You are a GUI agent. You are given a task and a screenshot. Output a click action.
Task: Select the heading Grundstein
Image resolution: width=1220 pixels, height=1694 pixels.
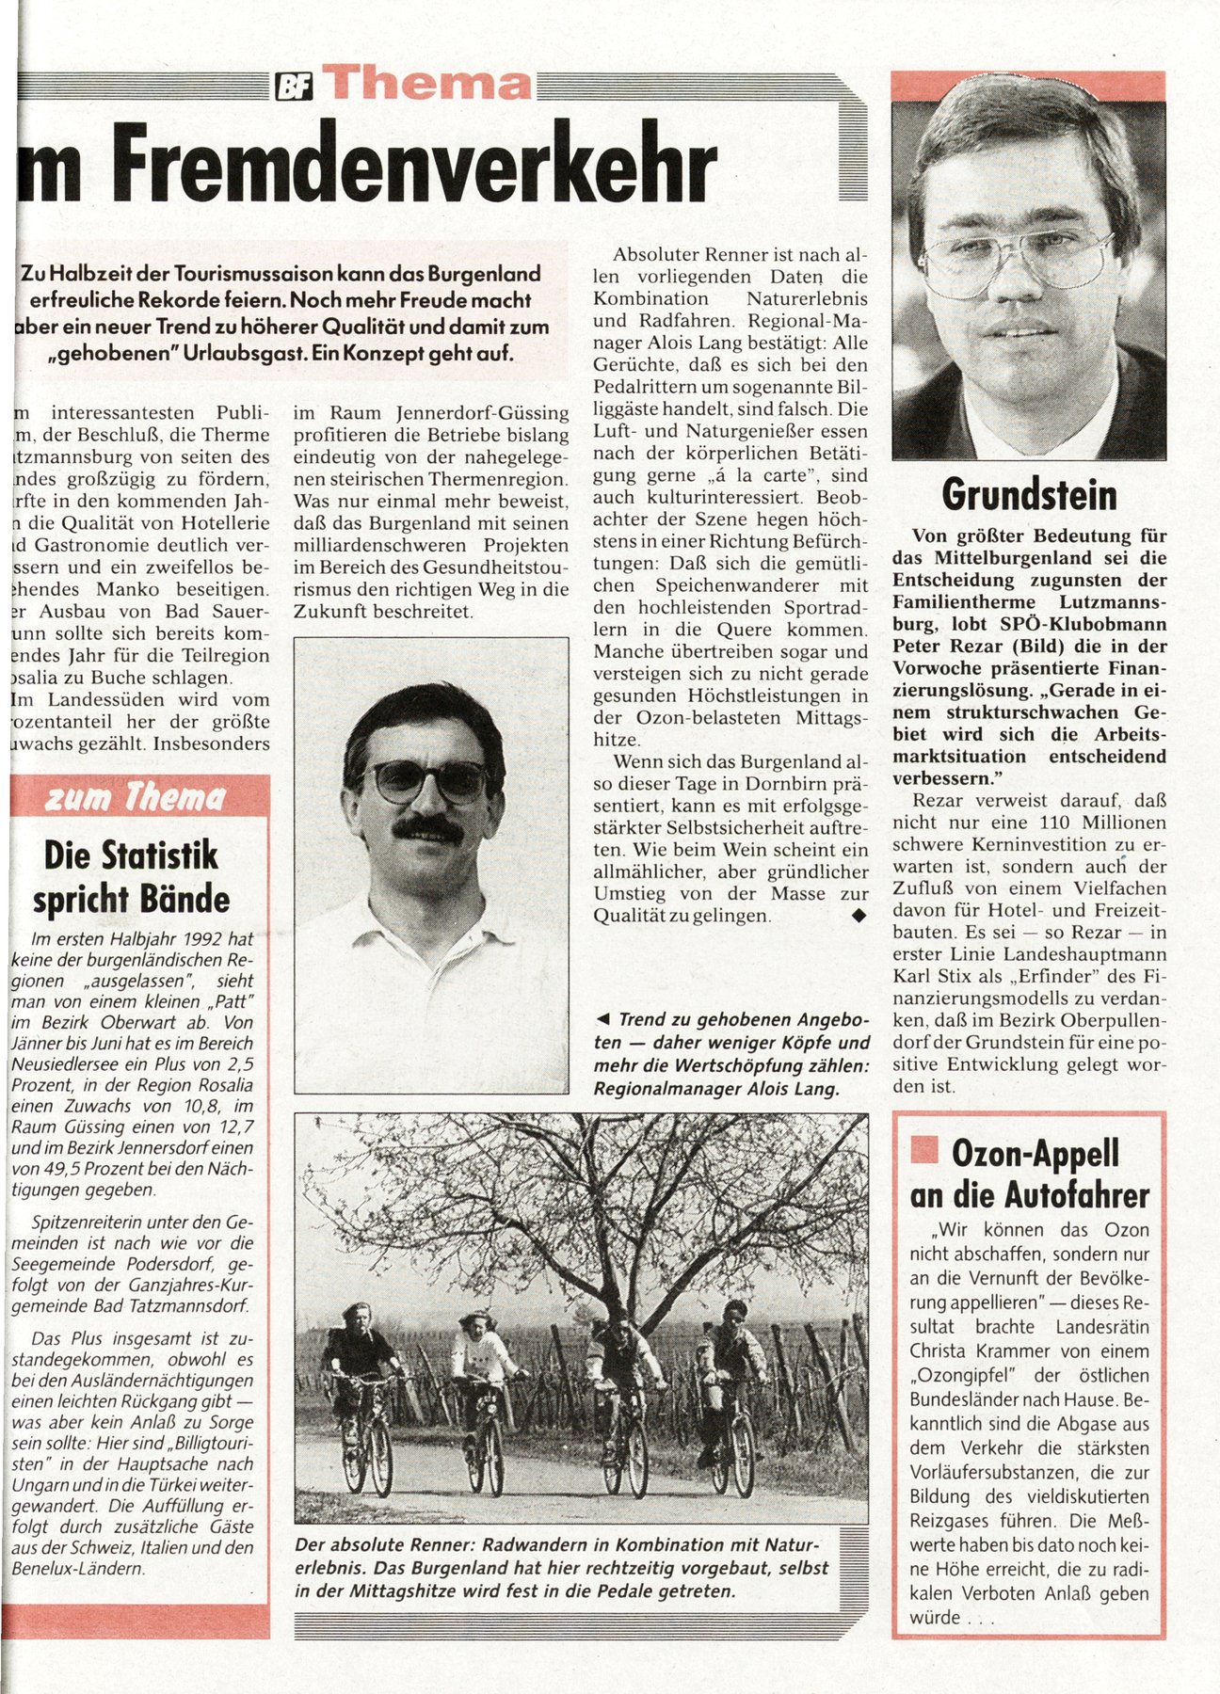1029,495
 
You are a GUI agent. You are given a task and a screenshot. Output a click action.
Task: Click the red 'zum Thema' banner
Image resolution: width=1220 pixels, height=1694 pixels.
136,798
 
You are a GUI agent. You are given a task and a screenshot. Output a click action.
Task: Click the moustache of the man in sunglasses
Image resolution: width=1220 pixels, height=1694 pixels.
428,828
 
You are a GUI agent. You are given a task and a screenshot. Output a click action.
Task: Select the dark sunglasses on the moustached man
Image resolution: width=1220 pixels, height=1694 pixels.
428,779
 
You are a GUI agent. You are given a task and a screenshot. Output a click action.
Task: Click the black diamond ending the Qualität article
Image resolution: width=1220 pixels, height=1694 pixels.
857,915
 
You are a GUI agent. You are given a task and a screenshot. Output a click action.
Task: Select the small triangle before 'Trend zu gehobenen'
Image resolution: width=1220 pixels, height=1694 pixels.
603,1020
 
